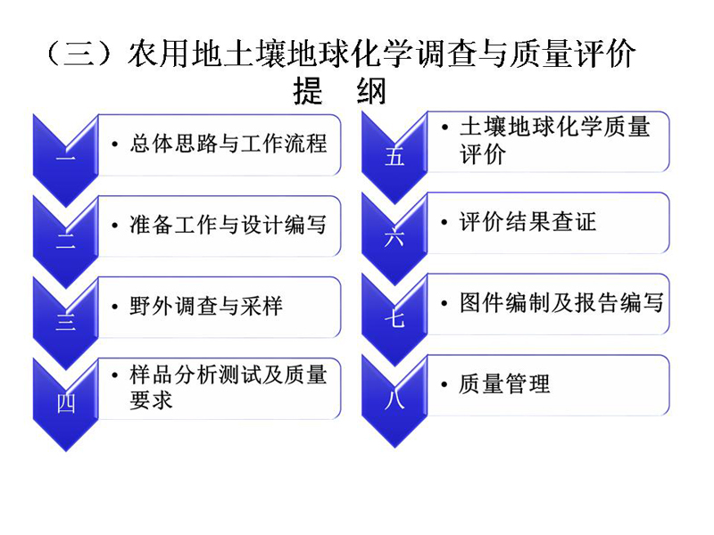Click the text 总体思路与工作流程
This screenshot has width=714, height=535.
(x=228, y=144)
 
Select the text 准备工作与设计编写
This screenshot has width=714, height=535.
(x=228, y=225)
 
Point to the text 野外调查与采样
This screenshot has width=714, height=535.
(x=206, y=306)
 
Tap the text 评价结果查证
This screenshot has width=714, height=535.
(x=527, y=222)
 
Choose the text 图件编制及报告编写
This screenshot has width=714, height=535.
(x=561, y=303)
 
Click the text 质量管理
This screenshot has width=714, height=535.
(x=504, y=384)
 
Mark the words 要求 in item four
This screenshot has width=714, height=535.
(x=151, y=400)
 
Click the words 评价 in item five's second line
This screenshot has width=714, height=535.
(x=482, y=154)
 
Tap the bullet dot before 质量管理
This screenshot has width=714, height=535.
(x=444, y=385)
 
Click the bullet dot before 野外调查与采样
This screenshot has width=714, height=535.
(x=115, y=307)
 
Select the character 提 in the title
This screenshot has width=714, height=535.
(x=308, y=91)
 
